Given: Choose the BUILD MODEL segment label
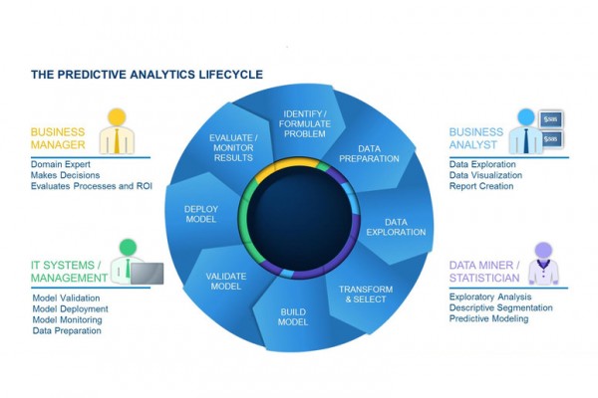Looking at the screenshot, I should [x=293, y=316].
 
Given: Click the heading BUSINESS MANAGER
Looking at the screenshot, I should [x=61, y=137].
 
